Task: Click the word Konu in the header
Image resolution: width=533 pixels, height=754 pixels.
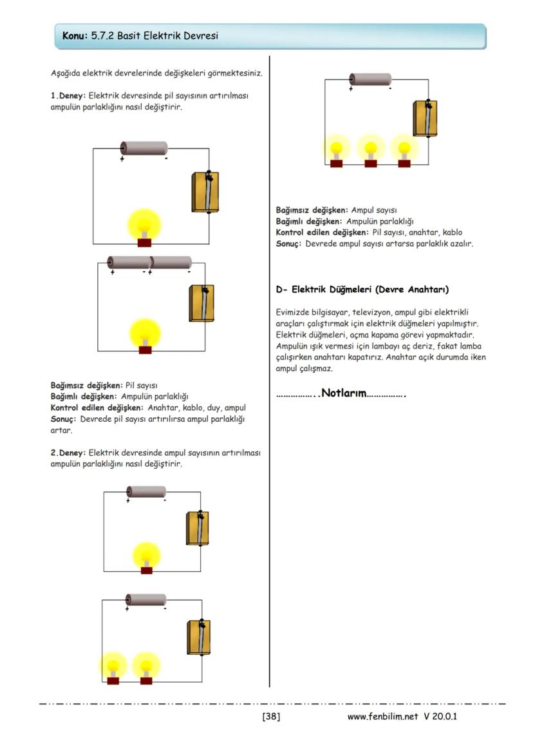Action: point(74,36)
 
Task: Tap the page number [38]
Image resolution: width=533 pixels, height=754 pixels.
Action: point(271,716)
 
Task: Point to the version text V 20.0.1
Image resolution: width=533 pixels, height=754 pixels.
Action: point(440,716)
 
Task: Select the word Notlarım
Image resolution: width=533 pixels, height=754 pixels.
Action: point(343,393)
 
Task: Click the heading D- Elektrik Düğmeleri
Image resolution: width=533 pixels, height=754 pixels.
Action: point(362,290)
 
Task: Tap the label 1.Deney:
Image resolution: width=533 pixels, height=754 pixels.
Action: point(68,96)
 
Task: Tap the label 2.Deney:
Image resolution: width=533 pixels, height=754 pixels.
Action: point(68,453)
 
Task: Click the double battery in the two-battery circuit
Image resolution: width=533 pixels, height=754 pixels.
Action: point(149,263)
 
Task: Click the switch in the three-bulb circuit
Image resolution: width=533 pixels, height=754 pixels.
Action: point(425,118)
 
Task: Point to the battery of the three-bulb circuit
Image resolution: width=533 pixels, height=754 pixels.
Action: point(370,79)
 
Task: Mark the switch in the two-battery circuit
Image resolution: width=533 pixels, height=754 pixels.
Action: point(201,303)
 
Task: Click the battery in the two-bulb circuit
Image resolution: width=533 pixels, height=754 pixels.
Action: point(145,599)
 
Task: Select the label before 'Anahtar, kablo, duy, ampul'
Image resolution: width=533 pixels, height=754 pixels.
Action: point(98,408)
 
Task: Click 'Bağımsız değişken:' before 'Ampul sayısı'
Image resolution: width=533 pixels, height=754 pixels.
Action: point(312,210)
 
